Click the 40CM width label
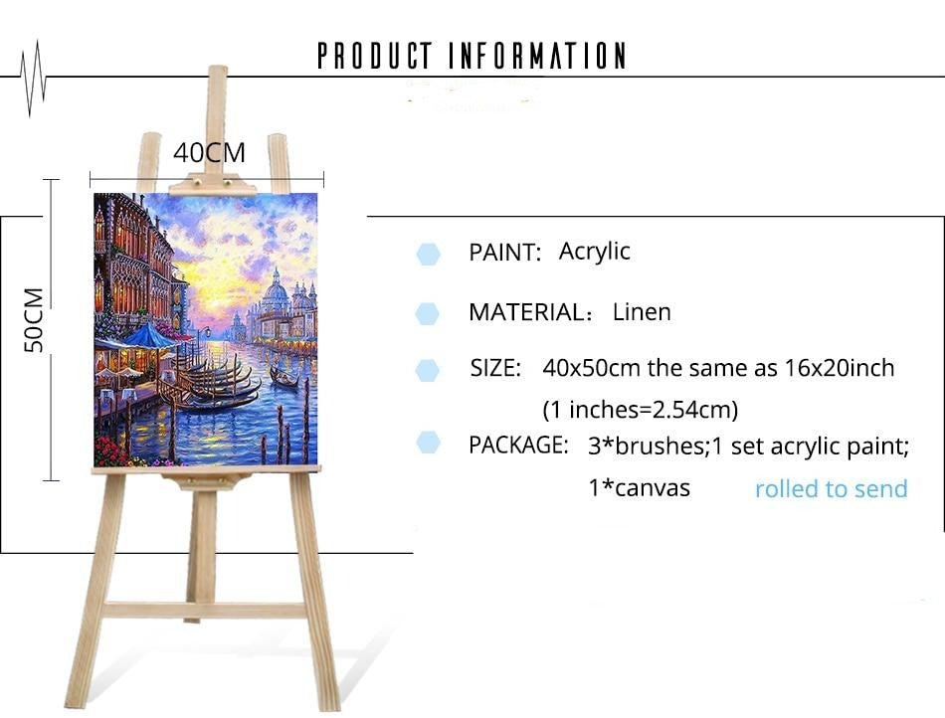click(x=209, y=152)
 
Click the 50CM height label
click(x=35, y=319)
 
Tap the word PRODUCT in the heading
click(x=375, y=56)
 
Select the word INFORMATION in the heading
click(x=537, y=56)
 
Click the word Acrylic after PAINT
click(x=594, y=252)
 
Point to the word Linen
click(x=642, y=312)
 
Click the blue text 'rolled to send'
click(x=831, y=488)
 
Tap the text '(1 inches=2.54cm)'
click(x=640, y=410)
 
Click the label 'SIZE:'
click(x=495, y=368)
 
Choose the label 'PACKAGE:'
click(x=518, y=446)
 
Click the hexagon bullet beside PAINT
click(x=429, y=255)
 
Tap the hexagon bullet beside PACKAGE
click(x=429, y=443)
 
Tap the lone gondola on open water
click(x=283, y=378)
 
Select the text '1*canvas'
click(x=639, y=488)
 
